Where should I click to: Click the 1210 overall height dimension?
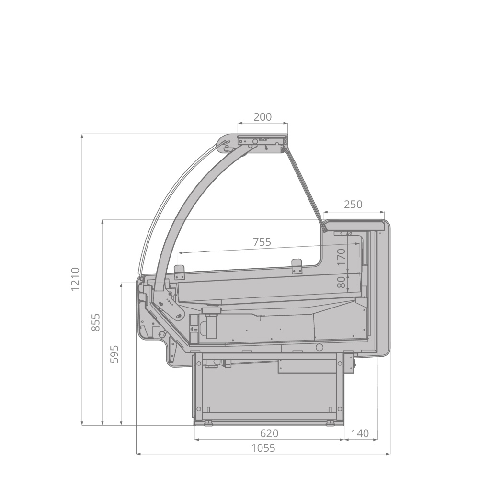click(x=75, y=279)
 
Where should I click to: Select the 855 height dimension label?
click(x=96, y=322)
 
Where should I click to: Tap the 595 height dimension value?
click(x=114, y=354)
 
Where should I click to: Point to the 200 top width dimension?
click(x=262, y=117)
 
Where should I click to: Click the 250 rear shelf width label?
click(x=353, y=205)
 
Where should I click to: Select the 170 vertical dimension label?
click(x=342, y=257)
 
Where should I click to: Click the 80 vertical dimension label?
click(x=342, y=282)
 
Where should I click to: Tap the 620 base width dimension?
click(x=269, y=433)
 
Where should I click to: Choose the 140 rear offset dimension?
click(x=360, y=433)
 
